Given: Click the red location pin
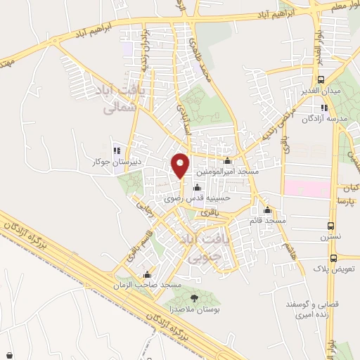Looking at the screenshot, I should (181, 165).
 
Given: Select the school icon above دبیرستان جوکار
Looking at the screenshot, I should (117, 150).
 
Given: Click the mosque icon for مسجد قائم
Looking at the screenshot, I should (267, 210).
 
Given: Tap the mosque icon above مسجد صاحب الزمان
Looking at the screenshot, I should (147, 274).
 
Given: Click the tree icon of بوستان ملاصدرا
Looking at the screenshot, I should (195, 298).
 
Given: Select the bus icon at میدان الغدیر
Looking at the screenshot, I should (321, 80).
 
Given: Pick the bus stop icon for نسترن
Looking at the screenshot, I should (330, 226).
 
